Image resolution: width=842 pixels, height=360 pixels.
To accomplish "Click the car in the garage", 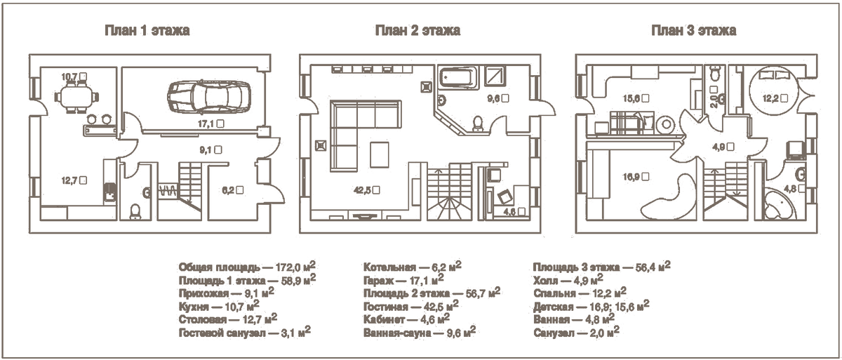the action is pyautogui.click(x=209, y=96).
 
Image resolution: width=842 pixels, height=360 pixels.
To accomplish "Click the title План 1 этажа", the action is pyautogui.click(x=147, y=30).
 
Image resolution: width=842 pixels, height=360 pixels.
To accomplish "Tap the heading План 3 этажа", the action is pyautogui.click(x=693, y=30).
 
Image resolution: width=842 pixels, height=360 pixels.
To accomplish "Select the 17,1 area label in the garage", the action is pyautogui.click(x=211, y=124).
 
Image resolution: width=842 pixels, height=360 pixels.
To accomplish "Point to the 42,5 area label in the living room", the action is pyautogui.click(x=366, y=190).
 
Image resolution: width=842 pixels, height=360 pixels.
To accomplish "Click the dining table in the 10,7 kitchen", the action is pyautogui.click(x=77, y=97).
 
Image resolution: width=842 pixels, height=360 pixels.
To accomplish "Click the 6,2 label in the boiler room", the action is pyautogui.click(x=232, y=190).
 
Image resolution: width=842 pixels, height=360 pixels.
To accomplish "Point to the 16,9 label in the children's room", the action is pyautogui.click(x=636, y=176).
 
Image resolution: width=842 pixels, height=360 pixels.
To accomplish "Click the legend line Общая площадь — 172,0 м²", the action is pyautogui.click(x=247, y=267).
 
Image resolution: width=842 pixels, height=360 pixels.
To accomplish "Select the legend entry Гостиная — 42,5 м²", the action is pyautogui.click(x=411, y=306).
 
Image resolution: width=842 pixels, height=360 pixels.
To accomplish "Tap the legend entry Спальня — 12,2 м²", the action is pyautogui.click(x=580, y=293).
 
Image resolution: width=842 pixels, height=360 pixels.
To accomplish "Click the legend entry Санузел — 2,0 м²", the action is pyautogui.click(x=576, y=332).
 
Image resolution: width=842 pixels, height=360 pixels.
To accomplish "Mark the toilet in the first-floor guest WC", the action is pyautogui.click(x=135, y=211).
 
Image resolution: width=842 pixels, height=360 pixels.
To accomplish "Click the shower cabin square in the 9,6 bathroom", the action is pyautogui.click(x=495, y=76).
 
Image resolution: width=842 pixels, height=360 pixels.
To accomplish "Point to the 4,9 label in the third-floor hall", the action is pyautogui.click(x=723, y=147).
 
